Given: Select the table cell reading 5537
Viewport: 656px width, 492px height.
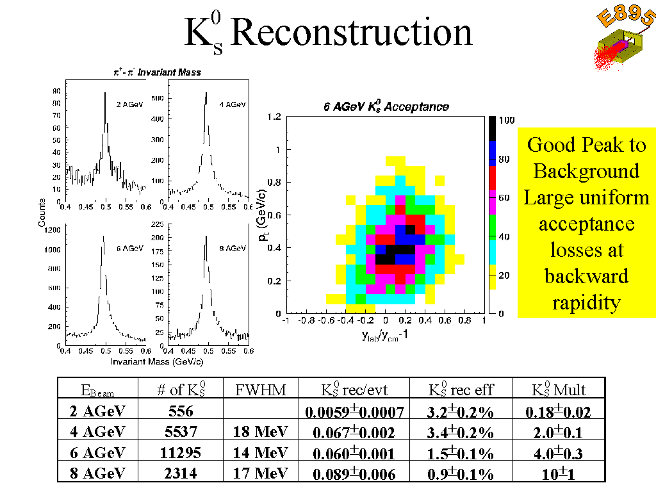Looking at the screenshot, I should [x=180, y=432].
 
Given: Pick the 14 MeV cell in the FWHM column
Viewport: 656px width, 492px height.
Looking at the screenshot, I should [x=260, y=452].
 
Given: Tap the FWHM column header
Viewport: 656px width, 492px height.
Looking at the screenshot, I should [x=260, y=389].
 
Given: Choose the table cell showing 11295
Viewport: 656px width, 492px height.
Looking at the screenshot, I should [x=180, y=452].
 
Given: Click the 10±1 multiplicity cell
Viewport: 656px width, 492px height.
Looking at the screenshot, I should [x=561, y=473].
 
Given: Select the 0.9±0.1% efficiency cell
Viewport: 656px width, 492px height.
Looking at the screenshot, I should [x=461, y=473].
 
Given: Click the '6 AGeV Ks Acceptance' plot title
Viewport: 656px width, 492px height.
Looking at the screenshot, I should [x=386, y=107].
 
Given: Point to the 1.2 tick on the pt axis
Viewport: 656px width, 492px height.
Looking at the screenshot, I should [x=274, y=117].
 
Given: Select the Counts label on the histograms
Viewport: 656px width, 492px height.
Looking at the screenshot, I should [x=42, y=211].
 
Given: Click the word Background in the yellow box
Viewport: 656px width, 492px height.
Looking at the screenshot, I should [x=586, y=171].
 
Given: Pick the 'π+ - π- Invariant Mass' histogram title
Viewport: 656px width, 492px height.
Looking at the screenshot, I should [x=153, y=72].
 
